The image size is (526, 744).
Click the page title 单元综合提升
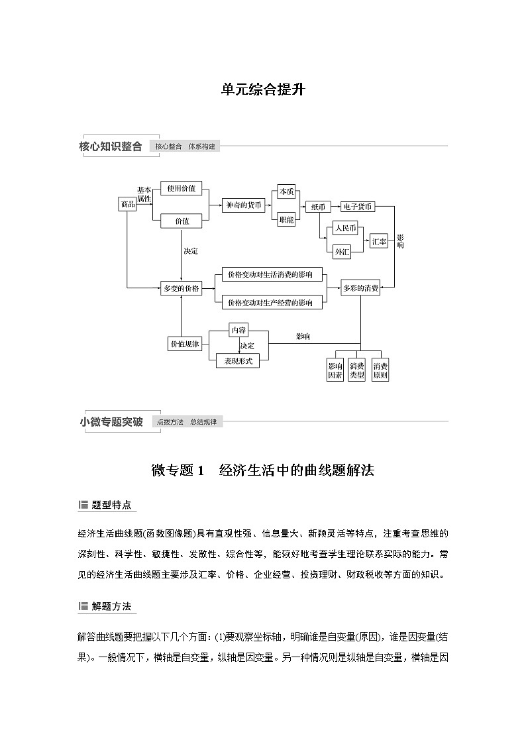(x=262, y=89)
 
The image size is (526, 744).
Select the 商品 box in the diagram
(x=127, y=205)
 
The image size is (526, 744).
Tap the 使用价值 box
(x=182, y=189)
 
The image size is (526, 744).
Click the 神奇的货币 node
(x=242, y=205)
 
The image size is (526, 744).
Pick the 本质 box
(x=286, y=191)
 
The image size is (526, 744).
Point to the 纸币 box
(x=318, y=207)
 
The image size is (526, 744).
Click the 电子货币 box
(x=358, y=207)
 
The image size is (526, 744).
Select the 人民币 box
(x=345, y=229)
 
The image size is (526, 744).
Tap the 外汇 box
(x=342, y=252)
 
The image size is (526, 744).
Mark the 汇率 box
(x=379, y=242)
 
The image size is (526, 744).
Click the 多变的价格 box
(x=182, y=288)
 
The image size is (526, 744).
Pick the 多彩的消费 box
(x=360, y=288)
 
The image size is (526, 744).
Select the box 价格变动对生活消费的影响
(x=270, y=274)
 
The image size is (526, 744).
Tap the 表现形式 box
(x=238, y=361)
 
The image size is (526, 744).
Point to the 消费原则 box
(x=380, y=370)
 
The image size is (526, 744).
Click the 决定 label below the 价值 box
(x=190, y=251)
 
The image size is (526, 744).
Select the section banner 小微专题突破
(x=111, y=422)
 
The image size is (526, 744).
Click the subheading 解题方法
(x=111, y=606)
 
